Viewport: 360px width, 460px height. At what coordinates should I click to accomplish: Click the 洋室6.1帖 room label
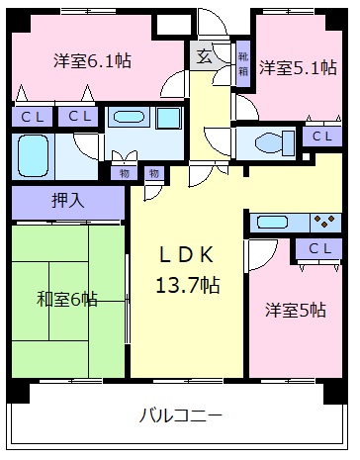[x=92, y=60]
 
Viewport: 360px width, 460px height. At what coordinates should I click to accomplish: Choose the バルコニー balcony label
[x=180, y=414]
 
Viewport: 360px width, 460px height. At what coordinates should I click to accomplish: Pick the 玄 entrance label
[x=202, y=56]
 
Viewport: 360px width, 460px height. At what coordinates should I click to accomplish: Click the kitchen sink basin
[x=272, y=222]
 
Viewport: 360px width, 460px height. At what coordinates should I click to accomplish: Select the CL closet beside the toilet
[x=319, y=137]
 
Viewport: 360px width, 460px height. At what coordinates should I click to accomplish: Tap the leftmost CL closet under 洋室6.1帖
[x=32, y=117]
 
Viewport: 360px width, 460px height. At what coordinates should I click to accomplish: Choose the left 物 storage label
[x=125, y=174]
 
